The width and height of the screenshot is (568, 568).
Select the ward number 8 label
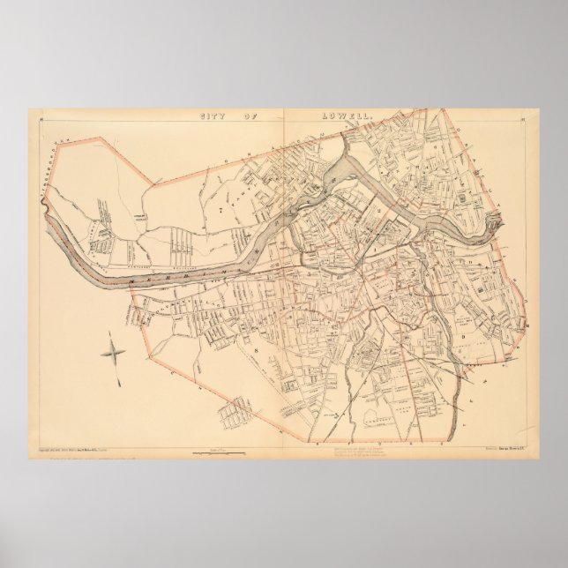258,348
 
